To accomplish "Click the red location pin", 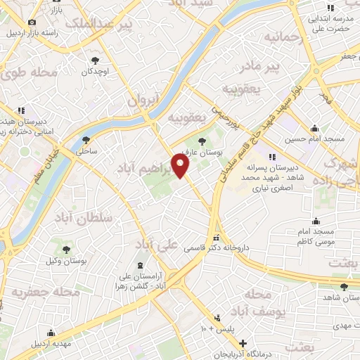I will pyautogui.click(x=181, y=166).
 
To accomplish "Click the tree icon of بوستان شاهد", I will pyautogui.click(x=343, y=286).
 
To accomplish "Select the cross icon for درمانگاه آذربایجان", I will pyautogui.click(x=243, y=344).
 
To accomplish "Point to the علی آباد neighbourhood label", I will pyautogui.click(x=156, y=245).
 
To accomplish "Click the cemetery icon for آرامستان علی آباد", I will pyautogui.click(x=139, y=265).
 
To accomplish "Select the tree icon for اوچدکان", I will pyautogui.click(x=95, y=60).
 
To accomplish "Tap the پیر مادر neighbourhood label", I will pyautogui.click(x=277, y=67).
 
